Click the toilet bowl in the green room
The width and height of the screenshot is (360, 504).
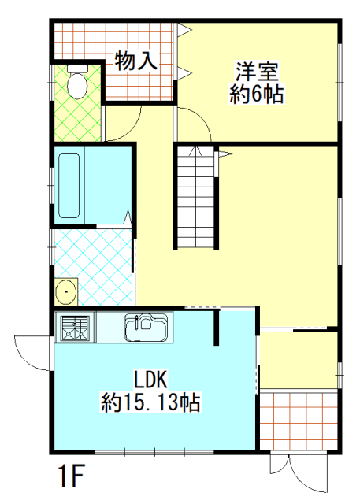click(77, 86)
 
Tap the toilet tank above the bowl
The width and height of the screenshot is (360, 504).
click(77, 69)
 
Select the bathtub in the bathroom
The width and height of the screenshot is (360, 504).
click(69, 186)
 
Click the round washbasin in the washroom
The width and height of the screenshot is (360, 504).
click(66, 291)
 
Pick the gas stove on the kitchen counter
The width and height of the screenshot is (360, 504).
click(75, 327)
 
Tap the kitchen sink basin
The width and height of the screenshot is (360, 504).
click(147, 328)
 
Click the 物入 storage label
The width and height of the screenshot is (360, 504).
click(136, 61)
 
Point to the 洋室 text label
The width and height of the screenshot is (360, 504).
click(257, 71)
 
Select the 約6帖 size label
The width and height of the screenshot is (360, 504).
click(256, 94)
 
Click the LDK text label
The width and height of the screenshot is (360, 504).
click(150, 380)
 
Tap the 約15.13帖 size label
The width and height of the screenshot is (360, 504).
click(150, 402)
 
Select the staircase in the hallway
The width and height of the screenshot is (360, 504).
click(195, 197)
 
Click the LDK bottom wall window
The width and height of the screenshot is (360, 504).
click(154, 453)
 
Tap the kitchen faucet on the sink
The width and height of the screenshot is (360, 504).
click(137, 322)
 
